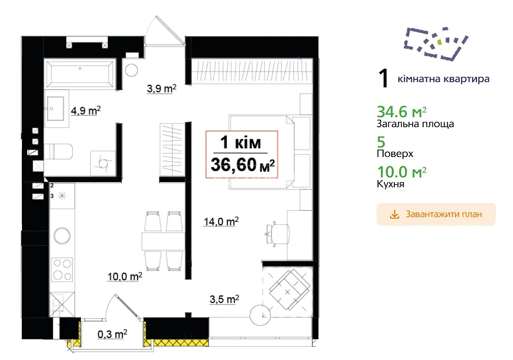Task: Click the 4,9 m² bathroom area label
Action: [x=86, y=110]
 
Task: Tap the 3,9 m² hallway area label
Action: [x=162, y=88]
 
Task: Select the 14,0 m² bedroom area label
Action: [x=221, y=221]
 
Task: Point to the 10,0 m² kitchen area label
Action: [x=125, y=277]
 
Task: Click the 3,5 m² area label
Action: [x=224, y=299]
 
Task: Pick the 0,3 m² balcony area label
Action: [x=112, y=334]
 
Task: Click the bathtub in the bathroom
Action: [x=80, y=74]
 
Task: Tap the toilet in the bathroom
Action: [x=59, y=152]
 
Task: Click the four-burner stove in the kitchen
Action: [x=62, y=270]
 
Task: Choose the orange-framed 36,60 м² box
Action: [x=242, y=154]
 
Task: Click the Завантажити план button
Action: [x=436, y=215]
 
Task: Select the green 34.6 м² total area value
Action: [x=402, y=112]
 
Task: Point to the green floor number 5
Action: [x=381, y=142]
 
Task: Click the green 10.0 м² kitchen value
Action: [x=402, y=172]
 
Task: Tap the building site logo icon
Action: [x=436, y=44]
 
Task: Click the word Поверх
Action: [x=395, y=154]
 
